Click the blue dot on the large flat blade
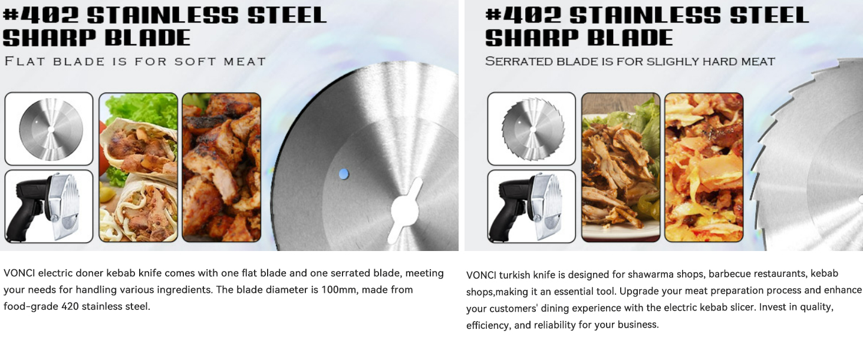pos(344,174)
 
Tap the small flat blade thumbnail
pos(49,128)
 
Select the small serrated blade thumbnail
pos(532,128)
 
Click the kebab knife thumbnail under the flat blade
pos(49,206)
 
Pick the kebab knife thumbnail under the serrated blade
pos(532,206)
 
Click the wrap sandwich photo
pos(139,167)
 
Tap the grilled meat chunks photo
pos(222,167)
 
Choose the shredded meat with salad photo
pos(621,167)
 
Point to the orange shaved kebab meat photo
pos(704,167)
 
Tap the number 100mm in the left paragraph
pos(338,289)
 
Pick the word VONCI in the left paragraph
pos(19,273)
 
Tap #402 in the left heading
pos(41,15)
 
